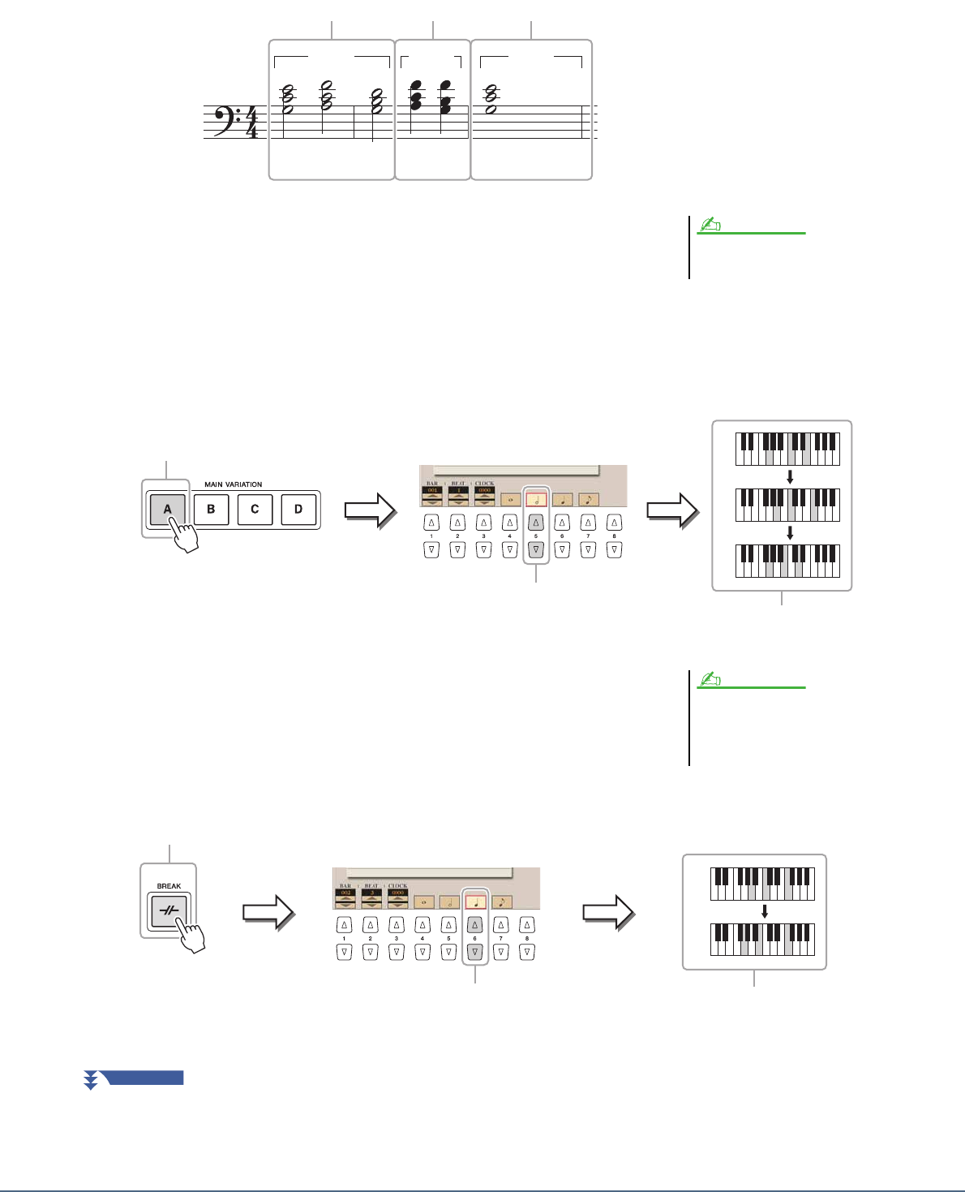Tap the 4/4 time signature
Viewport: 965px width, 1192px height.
(x=251, y=122)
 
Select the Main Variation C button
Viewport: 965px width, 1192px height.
(x=255, y=510)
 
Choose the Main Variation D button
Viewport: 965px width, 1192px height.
(x=298, y=510)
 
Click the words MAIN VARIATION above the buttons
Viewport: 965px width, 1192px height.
(x=233, y=484)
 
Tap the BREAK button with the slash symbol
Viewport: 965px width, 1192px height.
(x=169, y=912)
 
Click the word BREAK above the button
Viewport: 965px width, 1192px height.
(x=169, y=886)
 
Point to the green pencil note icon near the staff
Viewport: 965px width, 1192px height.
(x=711, y=226)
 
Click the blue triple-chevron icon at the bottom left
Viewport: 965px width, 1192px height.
(x=91, y=1079)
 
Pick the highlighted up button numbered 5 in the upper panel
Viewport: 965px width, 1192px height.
(x=536, y=523)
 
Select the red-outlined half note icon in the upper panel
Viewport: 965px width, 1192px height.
(x=536, y=500)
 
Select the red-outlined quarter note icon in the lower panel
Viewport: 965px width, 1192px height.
(x=475, y=901)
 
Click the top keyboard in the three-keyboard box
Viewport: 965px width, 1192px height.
(x=787, y=449)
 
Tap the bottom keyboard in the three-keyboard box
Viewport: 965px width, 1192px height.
(x=787, y=561)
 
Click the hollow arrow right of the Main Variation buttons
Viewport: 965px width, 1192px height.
(x=370, y=510)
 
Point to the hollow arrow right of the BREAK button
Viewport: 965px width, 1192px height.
(x=268, y=912)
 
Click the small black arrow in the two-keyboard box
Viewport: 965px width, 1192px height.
(x=764, y=912)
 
